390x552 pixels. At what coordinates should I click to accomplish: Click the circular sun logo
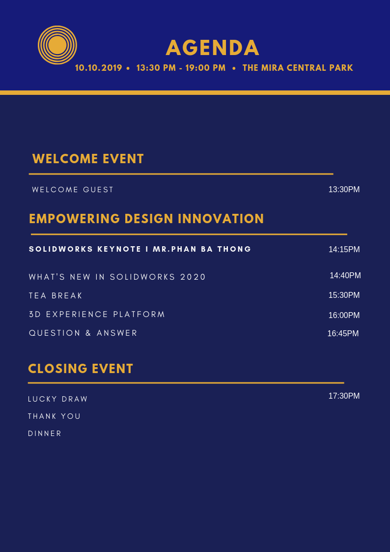57,45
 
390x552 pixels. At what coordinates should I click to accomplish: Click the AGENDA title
213,48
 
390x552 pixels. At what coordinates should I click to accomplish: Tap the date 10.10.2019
98,68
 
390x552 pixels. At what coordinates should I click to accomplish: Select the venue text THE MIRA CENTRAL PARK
298,68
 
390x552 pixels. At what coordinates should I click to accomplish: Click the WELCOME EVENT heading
88,159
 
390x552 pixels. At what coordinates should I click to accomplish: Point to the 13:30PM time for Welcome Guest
344,189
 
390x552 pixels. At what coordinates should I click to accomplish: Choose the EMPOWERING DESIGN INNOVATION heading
147,219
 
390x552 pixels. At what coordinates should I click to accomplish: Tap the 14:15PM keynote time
344,249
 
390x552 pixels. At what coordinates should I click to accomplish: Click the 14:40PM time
345,275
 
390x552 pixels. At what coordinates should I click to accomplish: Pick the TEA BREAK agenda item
56,296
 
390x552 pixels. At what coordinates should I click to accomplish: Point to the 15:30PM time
344,295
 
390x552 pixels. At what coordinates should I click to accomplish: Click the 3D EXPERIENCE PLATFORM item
97,315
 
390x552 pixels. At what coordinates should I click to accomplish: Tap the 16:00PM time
344,315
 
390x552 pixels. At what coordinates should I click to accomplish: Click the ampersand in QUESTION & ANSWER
88,333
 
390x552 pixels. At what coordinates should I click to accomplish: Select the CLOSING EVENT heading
81,369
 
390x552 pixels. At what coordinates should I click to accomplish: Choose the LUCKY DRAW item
57,399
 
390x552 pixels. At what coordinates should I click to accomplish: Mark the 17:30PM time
344,396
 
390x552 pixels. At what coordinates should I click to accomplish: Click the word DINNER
45,434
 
